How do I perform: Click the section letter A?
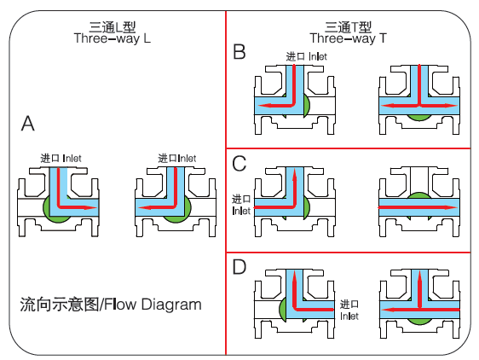pyautogui.click(x=28, y=124)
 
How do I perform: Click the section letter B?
pyautogui.click(x=239, y=51)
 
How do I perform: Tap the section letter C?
pyautogui.click(x=239, y=164)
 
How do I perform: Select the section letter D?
pyautogui.click(x=239, y=267)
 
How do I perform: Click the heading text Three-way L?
pyautogui.click(x=113, y=38)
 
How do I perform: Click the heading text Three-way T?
pyautogui.click(x=349, y=38)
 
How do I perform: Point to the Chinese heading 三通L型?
pyautogui.click(x=113, y=27)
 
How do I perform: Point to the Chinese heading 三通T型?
pyautogui.click(x=348, y=27)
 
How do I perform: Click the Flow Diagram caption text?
pyautogui.click(x=111, y=305)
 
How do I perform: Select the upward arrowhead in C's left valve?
pyautogui.click(x=295, y=175)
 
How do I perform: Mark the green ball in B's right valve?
pyautogui.click(x=419, y=117)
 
